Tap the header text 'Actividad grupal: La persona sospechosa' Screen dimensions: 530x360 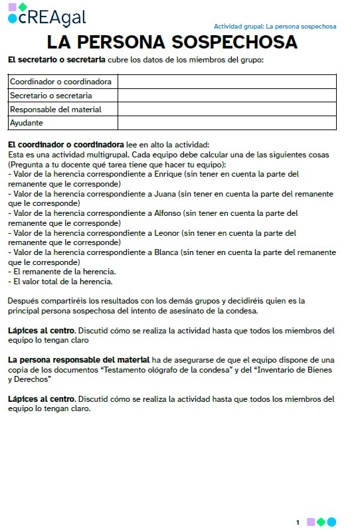tap(275, 27)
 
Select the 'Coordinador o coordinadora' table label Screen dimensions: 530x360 tap(61, 82)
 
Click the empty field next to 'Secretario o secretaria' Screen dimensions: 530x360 tap(226, 96)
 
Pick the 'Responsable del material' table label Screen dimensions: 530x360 tap(55, 110)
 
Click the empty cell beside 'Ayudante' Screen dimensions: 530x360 tap(226, 123)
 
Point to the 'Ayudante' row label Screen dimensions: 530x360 tap(27, 123)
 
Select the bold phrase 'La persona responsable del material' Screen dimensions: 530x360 tap(78, 359)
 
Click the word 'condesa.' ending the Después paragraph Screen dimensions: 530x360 tap(241, 310)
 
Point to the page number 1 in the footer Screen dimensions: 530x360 tap(298, 522)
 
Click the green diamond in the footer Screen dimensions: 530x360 tap(321, 522)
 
